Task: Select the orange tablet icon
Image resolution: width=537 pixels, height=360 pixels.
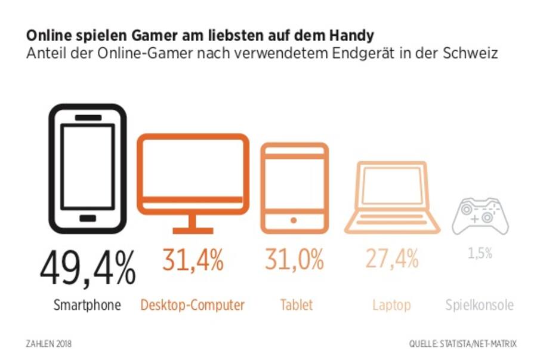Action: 294,187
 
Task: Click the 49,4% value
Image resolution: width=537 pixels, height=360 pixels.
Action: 88,269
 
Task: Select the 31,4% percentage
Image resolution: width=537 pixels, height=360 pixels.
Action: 193,260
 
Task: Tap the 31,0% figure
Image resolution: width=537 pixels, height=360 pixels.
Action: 295,260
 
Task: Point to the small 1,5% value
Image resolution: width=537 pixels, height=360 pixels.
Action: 480,253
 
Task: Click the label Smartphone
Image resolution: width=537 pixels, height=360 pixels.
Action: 87,305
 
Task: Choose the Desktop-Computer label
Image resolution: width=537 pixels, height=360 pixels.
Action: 193,305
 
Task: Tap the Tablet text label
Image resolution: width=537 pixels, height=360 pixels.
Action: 296,305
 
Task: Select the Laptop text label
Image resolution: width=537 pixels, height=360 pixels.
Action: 391,306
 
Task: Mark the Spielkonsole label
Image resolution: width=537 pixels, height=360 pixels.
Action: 479,306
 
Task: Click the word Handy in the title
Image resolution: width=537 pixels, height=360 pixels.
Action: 356,33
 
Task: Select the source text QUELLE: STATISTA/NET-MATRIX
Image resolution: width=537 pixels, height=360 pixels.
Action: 462,344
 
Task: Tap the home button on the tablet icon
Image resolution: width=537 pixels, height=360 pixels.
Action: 294,220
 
